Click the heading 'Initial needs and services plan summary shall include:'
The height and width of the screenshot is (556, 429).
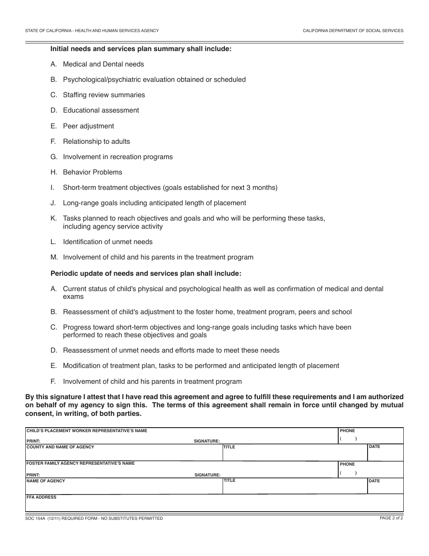click(141, 49)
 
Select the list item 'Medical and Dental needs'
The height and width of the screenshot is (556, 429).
click(103, 64)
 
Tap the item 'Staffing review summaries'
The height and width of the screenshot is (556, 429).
click(104, 95)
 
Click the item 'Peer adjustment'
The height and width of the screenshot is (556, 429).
click(89, 126)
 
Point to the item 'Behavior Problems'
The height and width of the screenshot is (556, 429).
click(93, 172)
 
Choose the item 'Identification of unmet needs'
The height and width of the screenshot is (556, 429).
click(107, 242)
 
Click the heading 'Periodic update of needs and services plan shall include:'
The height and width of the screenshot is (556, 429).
click(146, 273)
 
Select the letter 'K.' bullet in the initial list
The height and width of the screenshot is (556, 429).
click(54, 218)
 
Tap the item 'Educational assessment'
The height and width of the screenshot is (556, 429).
click(101, 110)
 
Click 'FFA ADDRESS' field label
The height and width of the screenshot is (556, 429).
click(42, 497)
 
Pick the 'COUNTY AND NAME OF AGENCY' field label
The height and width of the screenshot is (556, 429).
click(61, 447)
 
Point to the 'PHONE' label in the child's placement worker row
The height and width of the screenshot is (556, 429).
click(347, 431)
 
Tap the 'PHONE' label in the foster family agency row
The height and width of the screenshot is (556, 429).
click(347, 464)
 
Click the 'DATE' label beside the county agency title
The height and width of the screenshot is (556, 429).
click(374, 447)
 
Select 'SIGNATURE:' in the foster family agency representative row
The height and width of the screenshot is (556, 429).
click(207, 475)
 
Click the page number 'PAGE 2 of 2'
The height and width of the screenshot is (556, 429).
click(391, 518)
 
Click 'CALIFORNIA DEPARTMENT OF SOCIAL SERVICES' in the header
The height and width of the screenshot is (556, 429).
click(353, 31)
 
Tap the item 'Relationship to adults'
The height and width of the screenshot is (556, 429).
click(96, 141)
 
